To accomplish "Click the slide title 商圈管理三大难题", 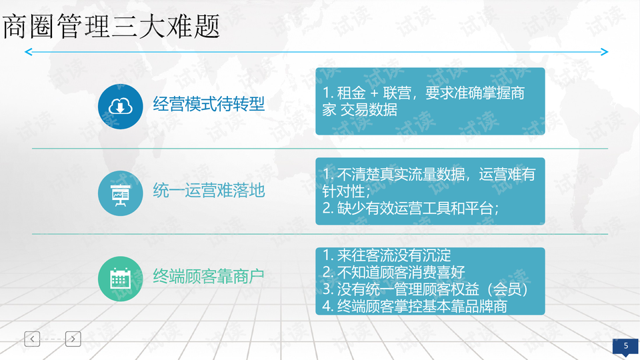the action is click(x=111, y=26).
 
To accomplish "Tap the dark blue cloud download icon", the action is click(x=121, y=107).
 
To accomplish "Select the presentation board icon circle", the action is click(x=121, y=193).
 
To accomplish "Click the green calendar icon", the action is click(x=121, y=279).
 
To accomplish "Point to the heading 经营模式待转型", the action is click(x=209, y=104).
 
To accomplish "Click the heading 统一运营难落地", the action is click(x=209, y=191).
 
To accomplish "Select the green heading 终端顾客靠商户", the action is click(x=209, y=276).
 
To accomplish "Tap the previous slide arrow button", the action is click(x=32, y=339).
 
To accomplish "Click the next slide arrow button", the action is click(x=73, y=339).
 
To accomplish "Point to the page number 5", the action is click(x=626, y=346).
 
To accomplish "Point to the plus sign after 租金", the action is click(x=374, y=93).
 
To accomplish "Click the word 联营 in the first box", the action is click(x=397, y=93).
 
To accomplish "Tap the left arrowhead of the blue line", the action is click(x=29, y=52).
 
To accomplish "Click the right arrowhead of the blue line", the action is click(x=605, y=52).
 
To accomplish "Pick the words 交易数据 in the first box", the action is click(x=369, y=110).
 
